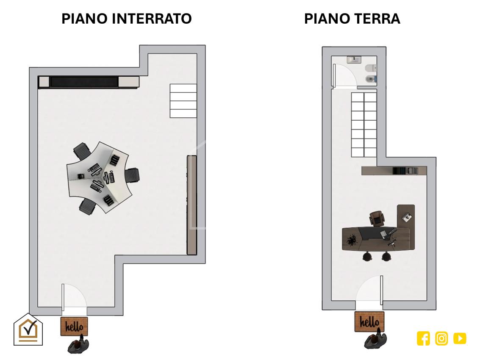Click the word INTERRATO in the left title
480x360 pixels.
(x=152, y=19)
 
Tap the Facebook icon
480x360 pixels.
(x=423, y=338)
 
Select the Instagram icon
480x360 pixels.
(x=441, y=338)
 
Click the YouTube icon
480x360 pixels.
(x=460, y=338)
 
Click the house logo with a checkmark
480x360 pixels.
(x=28, y=330)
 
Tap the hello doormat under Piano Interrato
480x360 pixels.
(x=74, y=326)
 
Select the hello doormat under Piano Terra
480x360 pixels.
(x=369, y=321)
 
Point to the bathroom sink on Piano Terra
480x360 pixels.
(x=354, y=60)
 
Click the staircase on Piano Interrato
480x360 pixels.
(x=183, y=101)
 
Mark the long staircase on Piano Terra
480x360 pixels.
(x=364, y=125)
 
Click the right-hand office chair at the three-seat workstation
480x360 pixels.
(x=132, y=175)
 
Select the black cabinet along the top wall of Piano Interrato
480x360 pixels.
(x=89, y=82)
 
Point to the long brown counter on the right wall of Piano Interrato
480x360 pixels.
(x=192, y=205)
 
